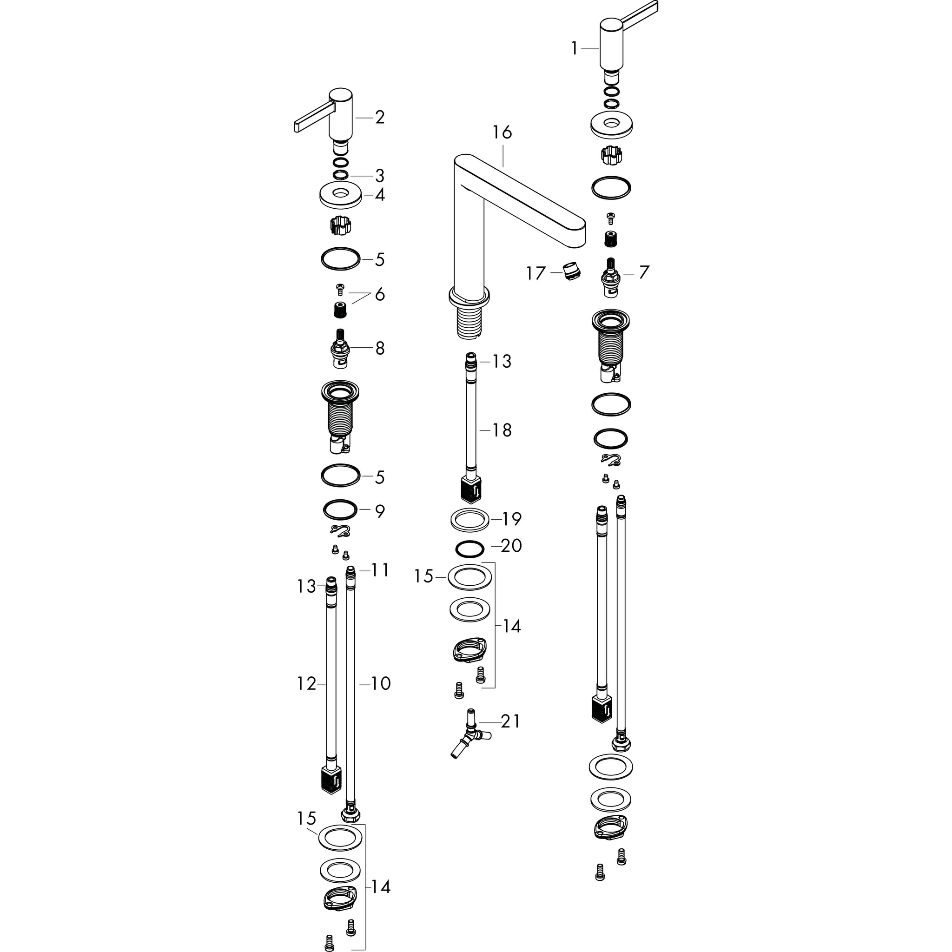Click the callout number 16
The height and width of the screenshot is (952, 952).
pos(502,132)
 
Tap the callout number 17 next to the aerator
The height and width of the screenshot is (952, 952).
pos(535,273)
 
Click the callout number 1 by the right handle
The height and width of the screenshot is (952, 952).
pos(574,48)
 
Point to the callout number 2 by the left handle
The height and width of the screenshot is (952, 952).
pos(379,117)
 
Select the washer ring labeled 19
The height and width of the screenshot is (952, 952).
pos(469,519)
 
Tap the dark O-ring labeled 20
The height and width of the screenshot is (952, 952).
pos(469,548)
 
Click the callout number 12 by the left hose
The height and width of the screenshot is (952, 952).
pos(306,683)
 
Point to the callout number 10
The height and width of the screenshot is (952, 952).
pos(380,683)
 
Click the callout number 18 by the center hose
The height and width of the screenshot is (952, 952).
pos(502,430)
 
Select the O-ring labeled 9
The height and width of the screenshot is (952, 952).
pos(340,509)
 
